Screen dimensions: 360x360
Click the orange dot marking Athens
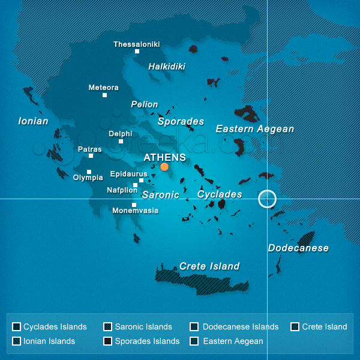164,167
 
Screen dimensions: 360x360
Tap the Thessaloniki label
137,44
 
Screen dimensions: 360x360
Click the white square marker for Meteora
104,95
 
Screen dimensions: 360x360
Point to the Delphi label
120,134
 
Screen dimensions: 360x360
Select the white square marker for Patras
91,155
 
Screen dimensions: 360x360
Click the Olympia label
88,178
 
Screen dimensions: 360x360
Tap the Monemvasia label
136,211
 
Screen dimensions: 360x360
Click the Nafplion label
122,190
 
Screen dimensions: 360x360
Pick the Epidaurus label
128,174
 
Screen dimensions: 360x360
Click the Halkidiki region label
167,67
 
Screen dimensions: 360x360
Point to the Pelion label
145,104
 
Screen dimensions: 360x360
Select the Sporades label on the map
181,122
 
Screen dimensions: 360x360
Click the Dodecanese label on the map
298,248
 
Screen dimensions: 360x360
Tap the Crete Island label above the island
209,266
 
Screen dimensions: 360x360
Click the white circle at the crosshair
267,199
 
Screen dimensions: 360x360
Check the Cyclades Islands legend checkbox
16,327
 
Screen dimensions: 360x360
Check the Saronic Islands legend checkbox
107,327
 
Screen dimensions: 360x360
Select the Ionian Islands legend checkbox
16,341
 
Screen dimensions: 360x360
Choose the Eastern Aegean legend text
233,341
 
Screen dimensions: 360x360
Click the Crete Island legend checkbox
295,327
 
